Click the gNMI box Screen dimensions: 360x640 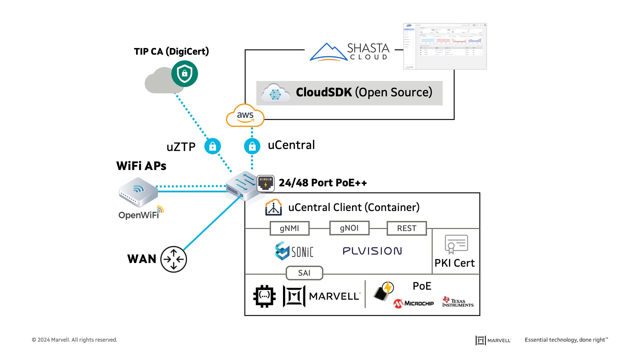289,228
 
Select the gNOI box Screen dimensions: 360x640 349,228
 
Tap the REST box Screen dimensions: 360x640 406,228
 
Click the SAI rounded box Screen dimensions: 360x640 304,273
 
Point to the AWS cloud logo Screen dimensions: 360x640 245,116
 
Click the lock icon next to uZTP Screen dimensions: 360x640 212,146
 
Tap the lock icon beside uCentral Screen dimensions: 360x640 252,146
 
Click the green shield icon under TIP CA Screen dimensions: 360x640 184,74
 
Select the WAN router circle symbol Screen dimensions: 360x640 173,259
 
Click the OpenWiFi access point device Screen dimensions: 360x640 138,192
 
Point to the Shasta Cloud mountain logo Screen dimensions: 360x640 328,52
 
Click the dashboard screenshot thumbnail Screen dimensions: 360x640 445,46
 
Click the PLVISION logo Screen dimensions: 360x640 372,251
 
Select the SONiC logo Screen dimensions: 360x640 294,251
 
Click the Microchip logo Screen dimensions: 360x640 413,303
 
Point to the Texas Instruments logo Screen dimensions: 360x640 458,302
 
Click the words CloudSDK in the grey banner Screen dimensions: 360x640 324,92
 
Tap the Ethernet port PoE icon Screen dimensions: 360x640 266,183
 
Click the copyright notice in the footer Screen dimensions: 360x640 74,340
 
